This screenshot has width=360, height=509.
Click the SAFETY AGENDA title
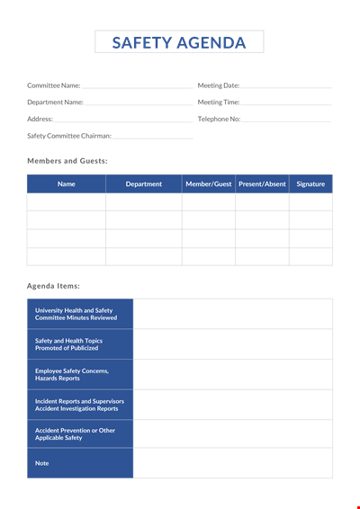click(x=179, y=41)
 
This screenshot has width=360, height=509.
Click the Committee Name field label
click(x=53, y=85)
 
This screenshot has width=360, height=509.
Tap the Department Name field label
click(x=55, y=103)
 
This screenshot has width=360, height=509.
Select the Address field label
click(x=40, y=119)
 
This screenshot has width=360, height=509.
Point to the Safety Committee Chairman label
click(x=69, y=136)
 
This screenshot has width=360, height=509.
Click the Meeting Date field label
click(x=218, y=85)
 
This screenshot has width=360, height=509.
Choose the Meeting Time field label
click(x=218, y=103)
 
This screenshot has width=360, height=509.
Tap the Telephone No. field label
click(x=219, y=119)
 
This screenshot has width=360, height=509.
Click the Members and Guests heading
click(x=67, y=160)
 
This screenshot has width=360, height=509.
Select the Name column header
click(x=67, y=184)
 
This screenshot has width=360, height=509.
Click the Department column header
click(x=144, y=184)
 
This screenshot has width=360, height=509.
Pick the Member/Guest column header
click(x=209, y=184)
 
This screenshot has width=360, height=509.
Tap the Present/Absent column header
click(x=262, y=184)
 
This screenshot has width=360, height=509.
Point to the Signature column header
click(x=310, y=184)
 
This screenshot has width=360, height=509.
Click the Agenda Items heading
click(x=53, y=285)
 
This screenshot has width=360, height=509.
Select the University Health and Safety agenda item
click(x=76, y=314)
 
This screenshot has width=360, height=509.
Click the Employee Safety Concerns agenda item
click(x=72, y=374)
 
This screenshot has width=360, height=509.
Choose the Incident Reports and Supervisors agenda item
click(x=79, y=405)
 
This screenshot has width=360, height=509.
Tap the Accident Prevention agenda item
click(x=75, y=434)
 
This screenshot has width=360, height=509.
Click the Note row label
click(x=42, y=463)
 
